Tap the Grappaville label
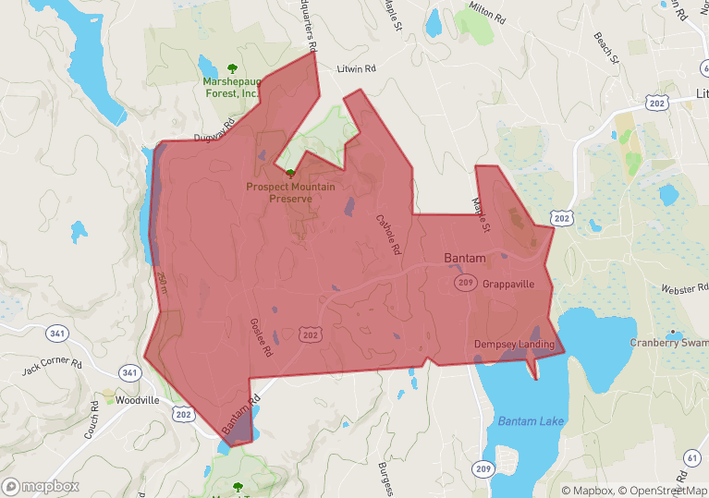click(508, 285)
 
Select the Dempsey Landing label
click(514, 345)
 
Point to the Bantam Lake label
click(530, 421)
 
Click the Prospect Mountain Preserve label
click(290, 192)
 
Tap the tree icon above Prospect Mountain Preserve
click(290, 174)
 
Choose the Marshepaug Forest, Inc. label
click(232, 87)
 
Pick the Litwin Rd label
click(357, 69)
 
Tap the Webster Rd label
click(683, 289)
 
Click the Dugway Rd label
click(211, 136)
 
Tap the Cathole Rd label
click(387, 235)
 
